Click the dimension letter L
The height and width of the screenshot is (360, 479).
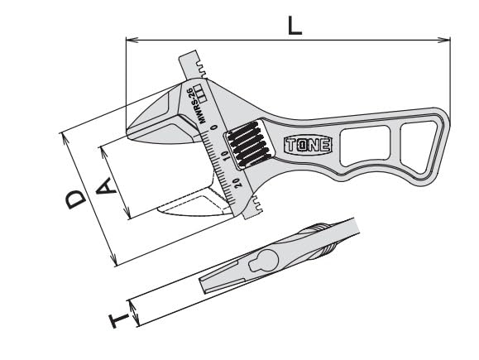295,24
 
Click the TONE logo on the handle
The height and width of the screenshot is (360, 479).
307,145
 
